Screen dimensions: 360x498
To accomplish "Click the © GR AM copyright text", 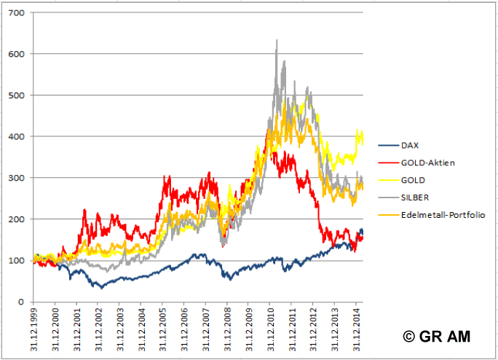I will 436,336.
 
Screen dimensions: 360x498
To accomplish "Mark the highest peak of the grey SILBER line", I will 277,41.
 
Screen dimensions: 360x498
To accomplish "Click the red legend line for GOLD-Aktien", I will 387,163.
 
